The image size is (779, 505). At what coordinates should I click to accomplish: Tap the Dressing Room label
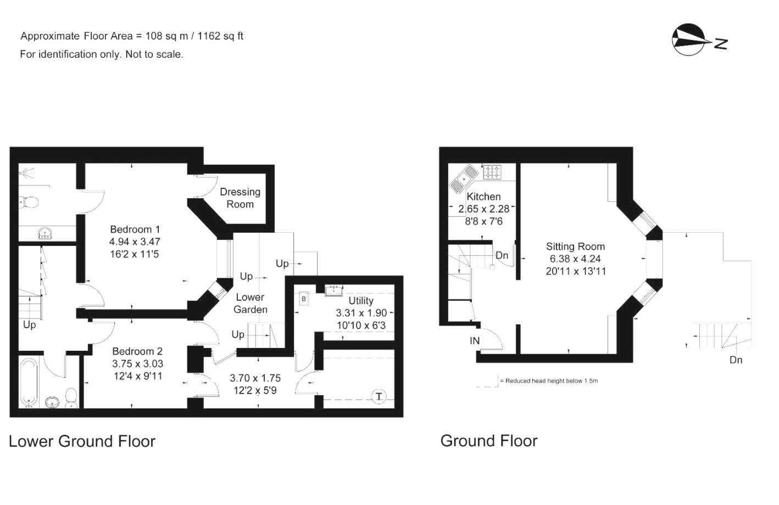tap(240, 198)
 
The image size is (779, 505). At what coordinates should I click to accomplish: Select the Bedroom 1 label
tap(135, 229)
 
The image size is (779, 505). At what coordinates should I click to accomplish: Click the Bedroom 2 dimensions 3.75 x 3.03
tap(138, 363)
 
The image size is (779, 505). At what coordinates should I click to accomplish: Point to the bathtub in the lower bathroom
tap(29, 383)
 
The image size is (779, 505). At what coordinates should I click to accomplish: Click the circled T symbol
tap(379, 396)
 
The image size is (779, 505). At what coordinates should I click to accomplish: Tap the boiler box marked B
tap(304, 299)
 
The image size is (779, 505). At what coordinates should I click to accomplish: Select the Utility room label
tap(361, 301)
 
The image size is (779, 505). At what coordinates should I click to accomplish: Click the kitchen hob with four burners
tap(492, 172)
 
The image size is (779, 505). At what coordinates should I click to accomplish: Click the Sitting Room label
tap(575, 246)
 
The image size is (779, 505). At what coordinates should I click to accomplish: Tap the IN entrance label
tap(474, 341)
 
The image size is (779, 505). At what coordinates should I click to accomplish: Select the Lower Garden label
tap(251, 304)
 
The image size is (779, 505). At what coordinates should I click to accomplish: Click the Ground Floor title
tap(489, 441)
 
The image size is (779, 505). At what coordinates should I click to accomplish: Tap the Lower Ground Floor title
tap(82, 441)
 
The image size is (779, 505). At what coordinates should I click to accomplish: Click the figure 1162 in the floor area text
tap(209, 36)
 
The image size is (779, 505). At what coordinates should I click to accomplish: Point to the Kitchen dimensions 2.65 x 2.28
tap(484, 209)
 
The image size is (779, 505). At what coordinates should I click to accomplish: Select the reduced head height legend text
tap(551, 380)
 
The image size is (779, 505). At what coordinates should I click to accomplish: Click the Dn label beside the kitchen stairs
tap(502, 255)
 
